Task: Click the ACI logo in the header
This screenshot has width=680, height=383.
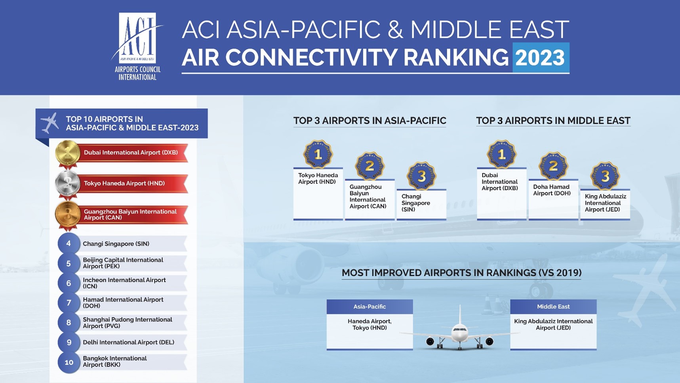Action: point(137,46)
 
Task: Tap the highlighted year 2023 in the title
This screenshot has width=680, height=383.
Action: point(541,57)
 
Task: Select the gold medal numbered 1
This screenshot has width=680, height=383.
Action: point(68,153)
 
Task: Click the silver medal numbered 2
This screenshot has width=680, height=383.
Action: point(68,184)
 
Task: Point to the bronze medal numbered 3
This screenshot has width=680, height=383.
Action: point(68,214)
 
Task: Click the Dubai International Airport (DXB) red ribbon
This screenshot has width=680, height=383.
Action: point(133,153)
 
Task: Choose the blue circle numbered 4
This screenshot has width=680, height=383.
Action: point(69,243)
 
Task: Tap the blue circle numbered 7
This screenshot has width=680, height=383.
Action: point(69,303)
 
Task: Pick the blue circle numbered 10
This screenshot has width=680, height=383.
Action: point(69,362)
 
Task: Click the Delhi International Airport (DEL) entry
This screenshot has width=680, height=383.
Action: point(128,342)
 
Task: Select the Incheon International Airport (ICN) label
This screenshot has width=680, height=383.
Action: point(124,283)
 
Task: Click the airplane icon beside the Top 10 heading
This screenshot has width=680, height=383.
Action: point(50,123)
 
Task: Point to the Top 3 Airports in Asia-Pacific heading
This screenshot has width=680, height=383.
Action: point(370,121)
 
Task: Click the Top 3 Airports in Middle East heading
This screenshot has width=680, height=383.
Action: point(553,121)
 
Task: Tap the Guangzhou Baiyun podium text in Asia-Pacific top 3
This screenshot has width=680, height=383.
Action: point(368,197)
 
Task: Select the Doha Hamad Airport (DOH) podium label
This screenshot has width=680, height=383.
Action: point(552,190)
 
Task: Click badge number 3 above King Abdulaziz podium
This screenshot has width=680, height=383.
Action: point(605,176)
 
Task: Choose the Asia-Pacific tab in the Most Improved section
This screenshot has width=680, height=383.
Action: point(370,306)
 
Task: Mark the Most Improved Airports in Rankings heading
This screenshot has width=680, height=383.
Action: point(461,273)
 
